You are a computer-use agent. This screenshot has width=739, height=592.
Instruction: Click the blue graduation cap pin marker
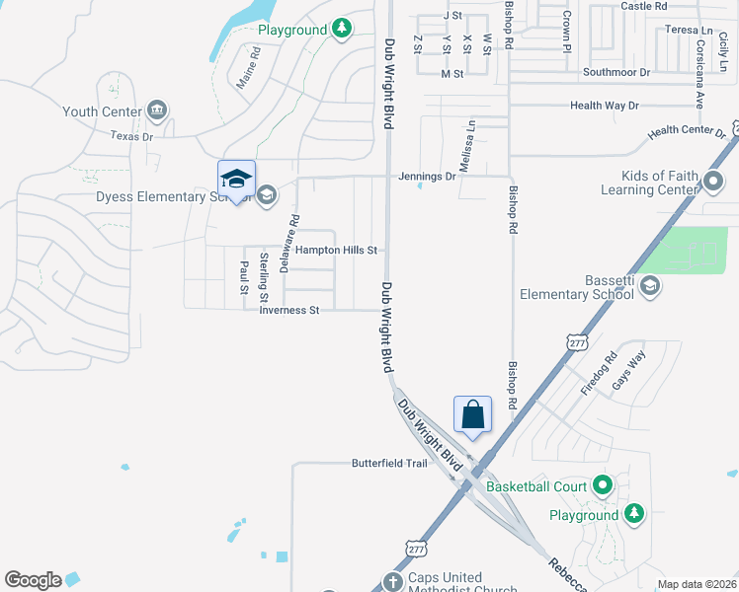tap(236, 179)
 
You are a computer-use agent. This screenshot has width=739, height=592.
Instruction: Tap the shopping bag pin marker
tap(473, 414)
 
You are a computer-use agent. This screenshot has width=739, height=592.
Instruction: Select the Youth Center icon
tap(155, 110)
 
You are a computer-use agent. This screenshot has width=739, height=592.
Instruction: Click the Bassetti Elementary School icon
tap(649, 286)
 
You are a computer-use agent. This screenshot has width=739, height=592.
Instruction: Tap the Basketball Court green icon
tap(603, 485)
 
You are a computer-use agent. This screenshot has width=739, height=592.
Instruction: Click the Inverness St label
tap(288, 310)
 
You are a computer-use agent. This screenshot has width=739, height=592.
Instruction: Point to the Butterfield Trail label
tap(390, 463)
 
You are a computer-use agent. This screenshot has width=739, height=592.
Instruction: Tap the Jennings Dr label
tap(427, 177)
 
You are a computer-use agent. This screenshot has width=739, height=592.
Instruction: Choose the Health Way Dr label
tap(605, 106)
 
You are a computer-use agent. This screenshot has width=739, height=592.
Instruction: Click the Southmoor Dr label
tap(616, 72)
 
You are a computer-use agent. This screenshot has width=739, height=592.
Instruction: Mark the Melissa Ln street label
tap(470, 141)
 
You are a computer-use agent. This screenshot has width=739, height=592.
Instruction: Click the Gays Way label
tap(628, 370)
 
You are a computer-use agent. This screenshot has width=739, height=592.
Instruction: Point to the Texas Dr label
tap(131, 136)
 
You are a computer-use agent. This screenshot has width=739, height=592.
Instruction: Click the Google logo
tap(33, 580)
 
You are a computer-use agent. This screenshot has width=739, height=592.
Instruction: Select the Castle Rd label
tap(644, 6)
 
